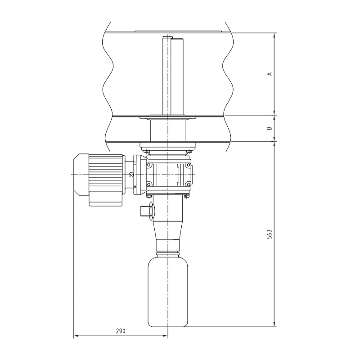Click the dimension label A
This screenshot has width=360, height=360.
click(x=270, y=73)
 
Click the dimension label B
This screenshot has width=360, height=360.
click(x=270, y=128)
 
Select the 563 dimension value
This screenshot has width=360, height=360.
click(x=270, y=234)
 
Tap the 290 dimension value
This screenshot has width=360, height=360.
click(x=120, y=331)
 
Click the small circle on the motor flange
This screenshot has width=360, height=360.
click(x=131, y=175)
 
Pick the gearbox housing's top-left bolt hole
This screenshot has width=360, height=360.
click(x=149, y=165)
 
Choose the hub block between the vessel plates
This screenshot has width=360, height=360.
click(x=167, y=130)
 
